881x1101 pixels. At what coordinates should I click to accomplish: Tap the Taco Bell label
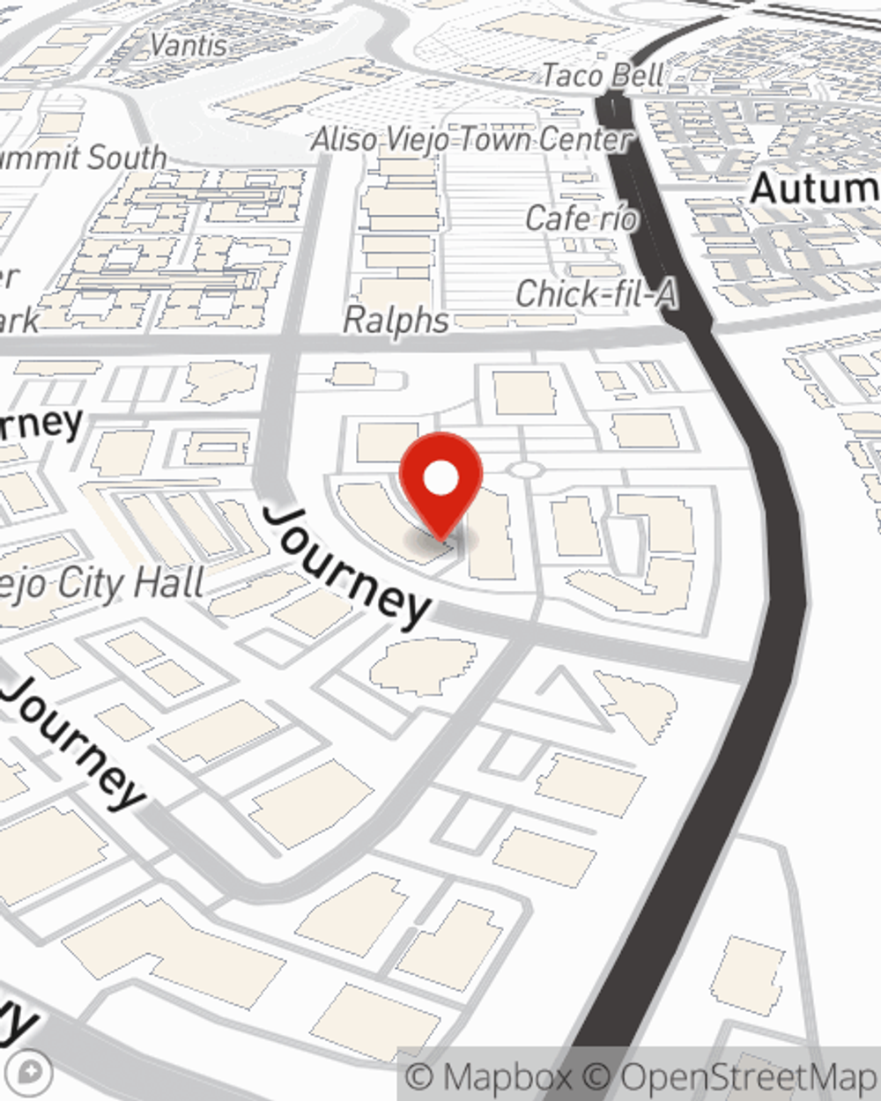602,76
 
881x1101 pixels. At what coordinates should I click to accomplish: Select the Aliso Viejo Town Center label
472,139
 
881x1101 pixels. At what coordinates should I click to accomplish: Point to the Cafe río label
581,218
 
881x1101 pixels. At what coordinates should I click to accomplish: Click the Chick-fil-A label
596,294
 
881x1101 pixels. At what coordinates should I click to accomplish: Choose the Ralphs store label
396,321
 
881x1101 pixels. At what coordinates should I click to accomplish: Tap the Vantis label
189,45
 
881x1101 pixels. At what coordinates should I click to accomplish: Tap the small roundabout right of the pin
524,470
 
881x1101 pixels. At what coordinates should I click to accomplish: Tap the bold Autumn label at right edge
815,188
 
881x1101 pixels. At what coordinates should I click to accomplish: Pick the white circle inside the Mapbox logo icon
34,1071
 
